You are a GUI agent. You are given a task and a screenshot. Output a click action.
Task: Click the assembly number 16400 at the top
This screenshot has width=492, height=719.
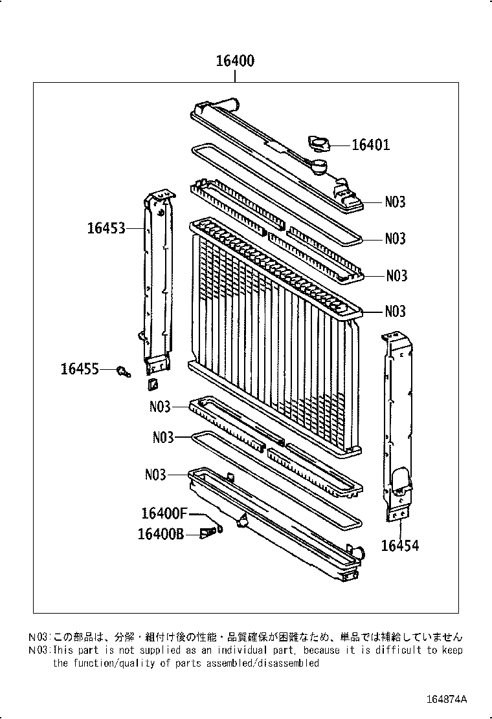[x=234, y=61]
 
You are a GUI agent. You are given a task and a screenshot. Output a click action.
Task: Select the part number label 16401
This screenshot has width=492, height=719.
[x=370, y=145]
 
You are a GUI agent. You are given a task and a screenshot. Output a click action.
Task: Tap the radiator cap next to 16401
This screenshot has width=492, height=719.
[x=319, y=143]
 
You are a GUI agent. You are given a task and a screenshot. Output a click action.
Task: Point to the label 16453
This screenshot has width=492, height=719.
[x=106, y=228]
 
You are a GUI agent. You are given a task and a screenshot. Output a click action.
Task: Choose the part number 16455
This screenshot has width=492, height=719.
[x=80, y=369]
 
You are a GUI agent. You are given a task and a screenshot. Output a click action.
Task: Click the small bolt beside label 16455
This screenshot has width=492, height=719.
[x=122, y=371]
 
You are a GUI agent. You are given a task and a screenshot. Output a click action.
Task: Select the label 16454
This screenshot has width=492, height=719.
[x=399, y=546]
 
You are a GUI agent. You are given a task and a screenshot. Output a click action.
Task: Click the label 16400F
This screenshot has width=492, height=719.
[x=164, y=513]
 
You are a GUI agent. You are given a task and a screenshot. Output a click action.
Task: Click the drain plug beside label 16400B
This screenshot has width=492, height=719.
[x=208, y=533]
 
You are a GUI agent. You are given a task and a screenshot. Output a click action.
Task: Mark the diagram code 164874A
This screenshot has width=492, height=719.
[x=447, y=700]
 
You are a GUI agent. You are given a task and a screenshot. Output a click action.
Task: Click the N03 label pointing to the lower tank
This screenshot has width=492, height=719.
[x=156, y=475]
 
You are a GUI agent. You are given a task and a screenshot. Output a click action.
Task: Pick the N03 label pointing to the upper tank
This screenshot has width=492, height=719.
[x=395, y=202]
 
